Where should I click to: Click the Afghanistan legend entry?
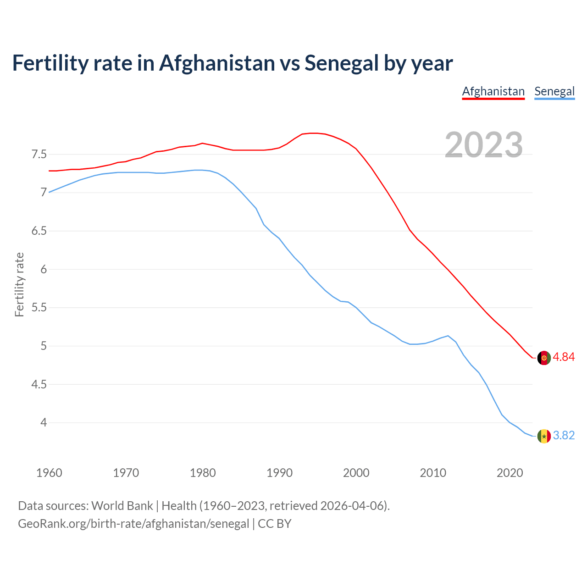point(493,91)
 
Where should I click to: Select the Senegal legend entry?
point(554,91)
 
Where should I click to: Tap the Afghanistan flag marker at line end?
point(544,358)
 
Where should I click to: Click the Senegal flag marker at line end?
point(544,436)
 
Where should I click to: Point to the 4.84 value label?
point(564,357)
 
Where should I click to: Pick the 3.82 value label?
point(564,435)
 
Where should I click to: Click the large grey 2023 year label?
point(484,145)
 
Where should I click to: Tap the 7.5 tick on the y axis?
point(39,154)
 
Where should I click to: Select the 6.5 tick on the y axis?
point(39,231)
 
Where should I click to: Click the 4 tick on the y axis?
point(44,422)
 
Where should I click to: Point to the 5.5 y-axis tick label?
point(39,307)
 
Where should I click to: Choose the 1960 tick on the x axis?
point(49,473)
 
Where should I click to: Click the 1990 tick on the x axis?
point(279,473)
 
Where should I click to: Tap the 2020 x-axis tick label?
point(509,473)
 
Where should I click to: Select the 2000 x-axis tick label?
point(356,473)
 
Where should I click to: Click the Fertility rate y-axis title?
point(19,284)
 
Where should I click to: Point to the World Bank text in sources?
point(122,506)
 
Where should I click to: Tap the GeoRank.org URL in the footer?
point(133,524)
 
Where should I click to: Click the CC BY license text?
point(274,524)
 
